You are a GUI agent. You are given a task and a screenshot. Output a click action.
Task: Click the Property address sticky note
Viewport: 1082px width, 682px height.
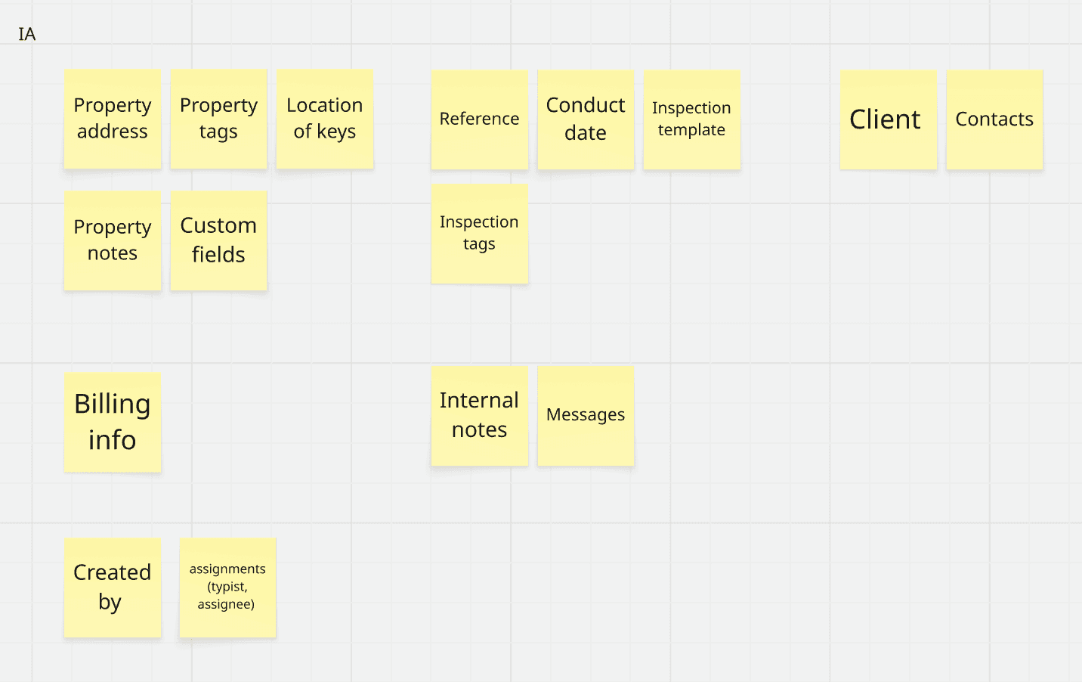point(113,119)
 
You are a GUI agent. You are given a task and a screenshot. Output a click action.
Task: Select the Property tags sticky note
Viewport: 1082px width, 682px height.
point(218,119)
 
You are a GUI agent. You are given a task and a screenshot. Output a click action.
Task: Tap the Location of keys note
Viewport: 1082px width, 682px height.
point(324,119)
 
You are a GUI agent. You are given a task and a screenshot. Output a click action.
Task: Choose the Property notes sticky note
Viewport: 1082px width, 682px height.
point(113,240)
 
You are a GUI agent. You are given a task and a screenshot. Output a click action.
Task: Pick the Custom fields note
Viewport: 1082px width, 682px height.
point(218,240)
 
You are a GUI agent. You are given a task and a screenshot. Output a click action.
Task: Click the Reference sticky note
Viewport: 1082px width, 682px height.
point(479,119)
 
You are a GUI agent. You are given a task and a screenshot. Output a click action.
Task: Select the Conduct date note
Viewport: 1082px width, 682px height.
point(586,119)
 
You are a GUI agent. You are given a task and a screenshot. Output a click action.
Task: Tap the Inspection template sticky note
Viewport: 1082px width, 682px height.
point(691,119)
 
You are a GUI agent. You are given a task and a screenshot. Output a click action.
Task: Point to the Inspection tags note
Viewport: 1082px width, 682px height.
point(479,234)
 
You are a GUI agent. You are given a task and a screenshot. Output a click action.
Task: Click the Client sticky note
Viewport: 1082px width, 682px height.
point(888,119)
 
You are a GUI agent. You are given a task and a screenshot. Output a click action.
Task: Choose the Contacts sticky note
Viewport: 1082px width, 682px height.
point(994,119)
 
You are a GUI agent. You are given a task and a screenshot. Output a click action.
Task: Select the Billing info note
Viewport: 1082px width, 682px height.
point(113,422)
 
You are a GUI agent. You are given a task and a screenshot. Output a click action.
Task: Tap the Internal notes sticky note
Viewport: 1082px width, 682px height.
point(479,415)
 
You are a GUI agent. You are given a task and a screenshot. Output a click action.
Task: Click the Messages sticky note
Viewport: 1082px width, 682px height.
point(586,415)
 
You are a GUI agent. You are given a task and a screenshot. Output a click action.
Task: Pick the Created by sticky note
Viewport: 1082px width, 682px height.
point(113,587)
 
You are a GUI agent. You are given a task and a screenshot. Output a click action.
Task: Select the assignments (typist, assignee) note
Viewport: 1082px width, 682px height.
point(227,587)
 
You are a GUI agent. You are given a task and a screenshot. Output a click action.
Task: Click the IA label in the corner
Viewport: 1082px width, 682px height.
point(27,34)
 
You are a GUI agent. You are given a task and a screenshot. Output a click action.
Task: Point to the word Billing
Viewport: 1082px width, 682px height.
point(113,405)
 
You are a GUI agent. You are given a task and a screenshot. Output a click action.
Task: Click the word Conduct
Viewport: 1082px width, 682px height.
point(586,105)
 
